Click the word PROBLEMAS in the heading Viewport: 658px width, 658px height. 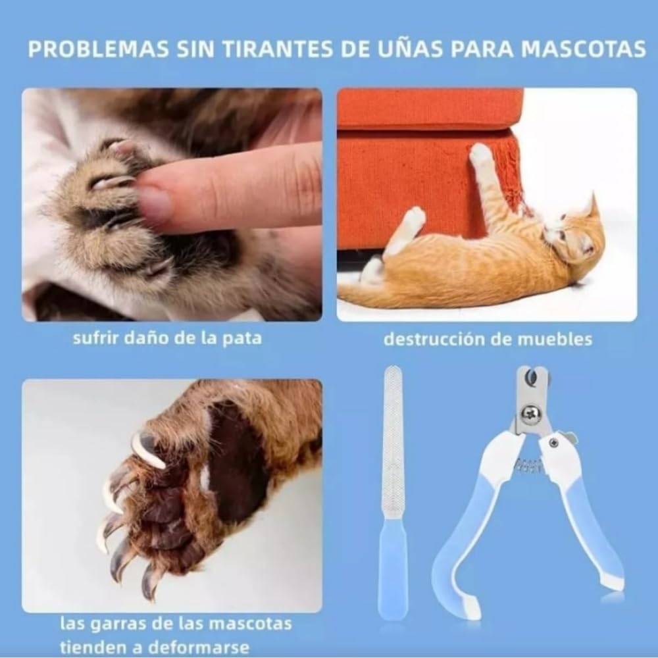coord(98,49)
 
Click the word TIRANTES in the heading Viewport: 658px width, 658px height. coord(278,49)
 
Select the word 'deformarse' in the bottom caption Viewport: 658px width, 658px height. coord(199,646)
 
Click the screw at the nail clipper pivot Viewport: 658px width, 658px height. coord(530,414)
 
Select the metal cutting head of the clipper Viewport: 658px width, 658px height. coord(532,399)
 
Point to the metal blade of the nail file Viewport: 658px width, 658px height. coord(393,443)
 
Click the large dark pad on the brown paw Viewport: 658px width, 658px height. coord(235,464)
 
